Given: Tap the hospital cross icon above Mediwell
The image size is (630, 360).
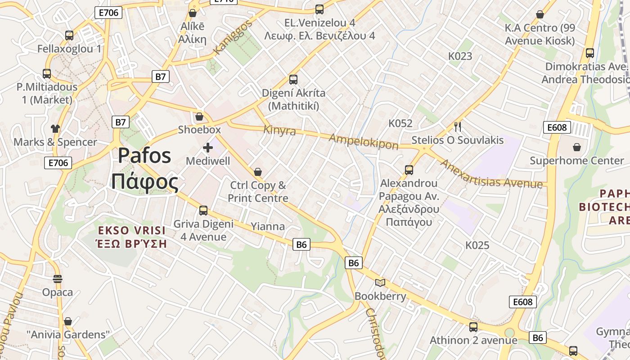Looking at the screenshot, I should tap(208, 148).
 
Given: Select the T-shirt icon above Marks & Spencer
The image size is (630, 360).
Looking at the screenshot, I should tap(55, 129).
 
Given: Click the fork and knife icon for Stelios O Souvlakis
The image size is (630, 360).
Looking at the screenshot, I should tap(458, 126).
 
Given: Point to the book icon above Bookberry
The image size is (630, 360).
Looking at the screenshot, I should tap(380, 283).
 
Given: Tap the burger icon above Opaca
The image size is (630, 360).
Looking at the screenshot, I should tap(57, 279).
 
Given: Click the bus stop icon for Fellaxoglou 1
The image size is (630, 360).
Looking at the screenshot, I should tap(69, 35).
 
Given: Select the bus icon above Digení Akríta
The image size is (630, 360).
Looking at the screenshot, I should tap(293, 80).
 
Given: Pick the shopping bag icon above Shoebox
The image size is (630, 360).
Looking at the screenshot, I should tap(199, 117).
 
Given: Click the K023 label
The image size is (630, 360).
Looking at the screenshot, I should tap(460, 56).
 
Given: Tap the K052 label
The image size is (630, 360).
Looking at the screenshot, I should tap(400, 123).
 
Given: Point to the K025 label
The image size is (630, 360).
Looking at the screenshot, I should tap(477, 245).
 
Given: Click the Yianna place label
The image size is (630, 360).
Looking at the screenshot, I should tap(268, 226).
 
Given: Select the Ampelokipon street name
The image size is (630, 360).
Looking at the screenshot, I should tap(364, 141).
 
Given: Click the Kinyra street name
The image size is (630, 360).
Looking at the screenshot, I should tap(279, 130).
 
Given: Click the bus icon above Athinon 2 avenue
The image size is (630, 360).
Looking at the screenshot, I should tap(473, 327).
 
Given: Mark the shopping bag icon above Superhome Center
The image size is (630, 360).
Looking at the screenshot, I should tap(576, 147).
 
